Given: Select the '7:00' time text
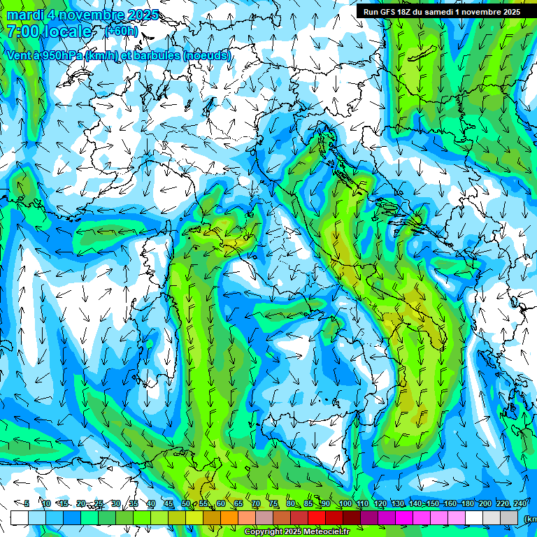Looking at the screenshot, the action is (22, 31).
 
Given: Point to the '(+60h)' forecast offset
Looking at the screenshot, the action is (122, 31).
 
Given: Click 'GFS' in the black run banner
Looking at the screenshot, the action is (387, 12).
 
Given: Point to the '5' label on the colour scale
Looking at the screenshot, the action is (27, 503).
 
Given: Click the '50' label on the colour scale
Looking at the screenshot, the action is (185, 503).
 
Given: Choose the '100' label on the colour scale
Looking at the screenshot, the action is (345, 503).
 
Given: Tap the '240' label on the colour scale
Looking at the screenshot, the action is (520, 503).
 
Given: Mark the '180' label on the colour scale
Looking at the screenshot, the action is (467, 503).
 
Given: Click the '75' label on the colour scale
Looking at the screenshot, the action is (273, 503).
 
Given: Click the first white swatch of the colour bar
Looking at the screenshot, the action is (20, 517).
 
